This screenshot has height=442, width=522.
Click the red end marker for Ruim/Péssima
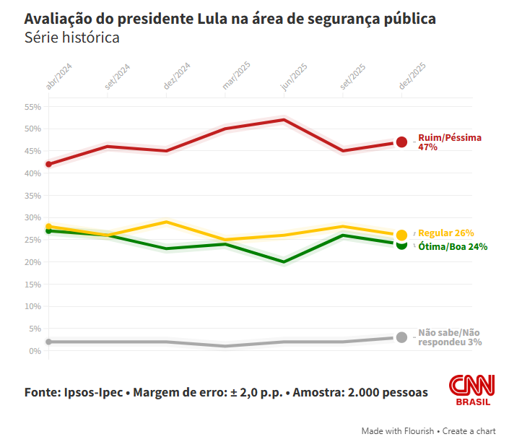click(x=401, y=142)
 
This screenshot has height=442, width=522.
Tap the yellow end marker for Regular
click(x=401, y=235)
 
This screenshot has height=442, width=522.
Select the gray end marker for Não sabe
click(x=401, y=337)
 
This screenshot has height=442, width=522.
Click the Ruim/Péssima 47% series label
click(x=449, y=142)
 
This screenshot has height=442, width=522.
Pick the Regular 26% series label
click(x=445, y=233)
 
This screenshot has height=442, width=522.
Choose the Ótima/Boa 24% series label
click(x=452, y=246)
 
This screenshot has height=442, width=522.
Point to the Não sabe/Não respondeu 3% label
click(x=450, y=337)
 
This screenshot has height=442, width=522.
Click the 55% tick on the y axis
click(x=32, y=107)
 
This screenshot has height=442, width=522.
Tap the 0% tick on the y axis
click(x=35, y=351)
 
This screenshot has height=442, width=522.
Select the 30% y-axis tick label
click(x=32, y=217)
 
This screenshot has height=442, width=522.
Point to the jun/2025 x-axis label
click(x=295, y=77)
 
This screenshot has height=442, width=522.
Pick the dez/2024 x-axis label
click(x=177, y=77)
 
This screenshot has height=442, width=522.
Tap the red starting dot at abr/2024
click(x=48, y=164)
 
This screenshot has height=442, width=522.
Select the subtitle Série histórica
click(x=71, y=37)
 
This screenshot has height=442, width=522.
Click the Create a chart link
click(x=469, y=431)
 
